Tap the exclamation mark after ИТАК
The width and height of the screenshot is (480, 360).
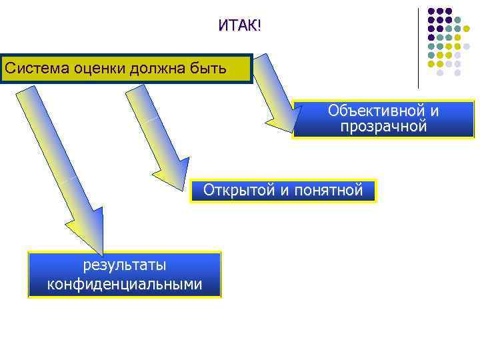259,26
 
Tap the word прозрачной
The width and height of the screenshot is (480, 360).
383,127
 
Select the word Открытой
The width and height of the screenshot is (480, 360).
239,191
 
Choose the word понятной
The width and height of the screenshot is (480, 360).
329,191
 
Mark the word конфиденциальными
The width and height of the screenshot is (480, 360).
125,285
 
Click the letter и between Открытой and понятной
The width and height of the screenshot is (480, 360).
285,191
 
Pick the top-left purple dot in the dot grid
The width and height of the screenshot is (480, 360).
431,11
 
